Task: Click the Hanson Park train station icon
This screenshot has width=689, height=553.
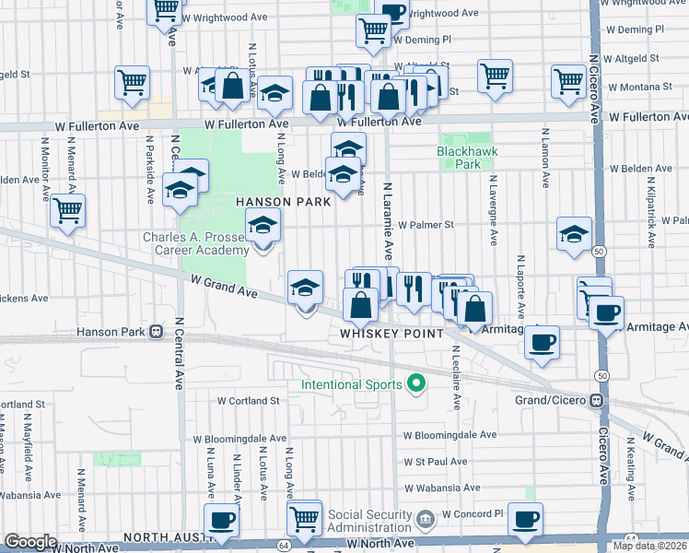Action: pos(157,331)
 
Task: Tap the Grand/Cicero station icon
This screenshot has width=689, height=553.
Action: pos(597,401)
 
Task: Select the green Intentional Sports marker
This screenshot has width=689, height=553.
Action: pos(415,384)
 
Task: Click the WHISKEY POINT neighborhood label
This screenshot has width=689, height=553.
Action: pos(392,333)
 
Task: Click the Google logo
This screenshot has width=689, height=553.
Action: pos(30,541)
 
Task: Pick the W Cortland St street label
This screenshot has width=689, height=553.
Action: pos(248,401)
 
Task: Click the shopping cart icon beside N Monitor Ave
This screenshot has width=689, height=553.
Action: pos(68,210)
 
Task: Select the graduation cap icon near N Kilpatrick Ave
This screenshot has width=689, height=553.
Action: pos(574,233)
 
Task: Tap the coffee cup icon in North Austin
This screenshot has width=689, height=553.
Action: pos(221,520)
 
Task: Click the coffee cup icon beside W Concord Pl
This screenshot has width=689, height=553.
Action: pos(525,519)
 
